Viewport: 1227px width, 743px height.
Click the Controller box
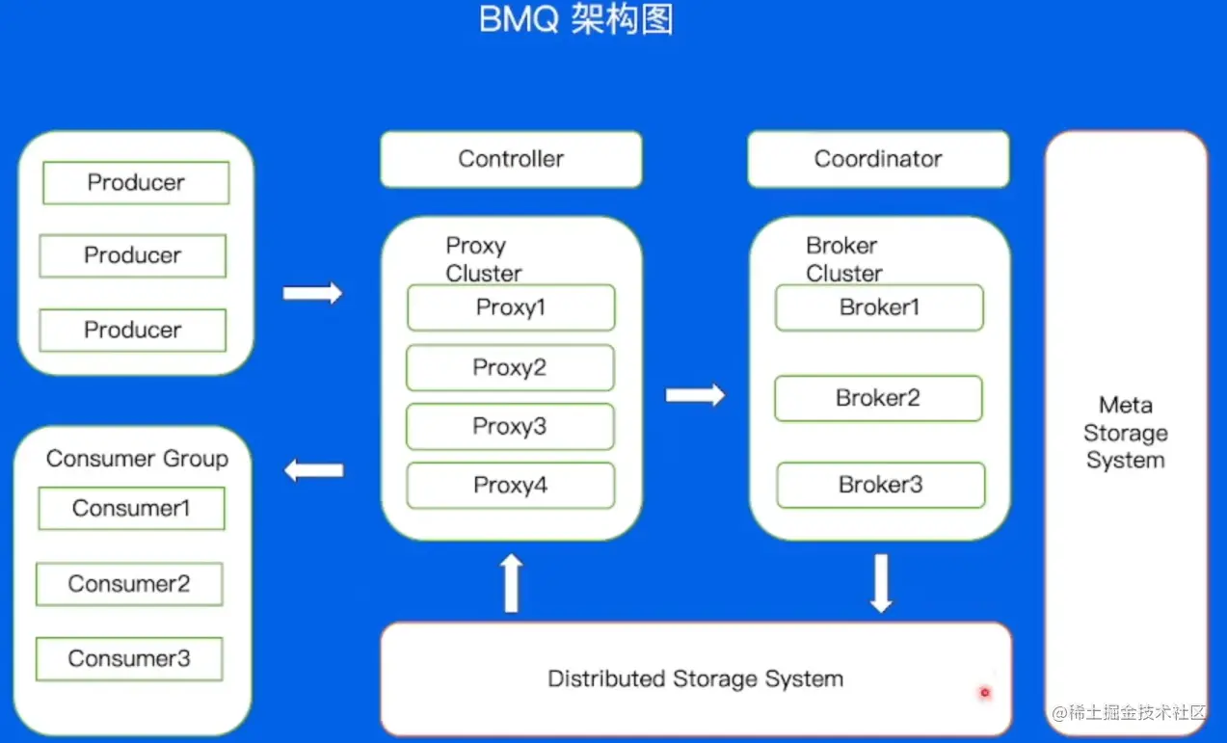(x=511, y=159)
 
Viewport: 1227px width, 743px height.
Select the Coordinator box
(x=878, y=159)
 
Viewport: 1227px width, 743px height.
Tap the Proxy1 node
(x=511, y=307)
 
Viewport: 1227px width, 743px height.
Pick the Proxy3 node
(x=510, y=427)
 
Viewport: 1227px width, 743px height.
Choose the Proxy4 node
(x=510, y=486)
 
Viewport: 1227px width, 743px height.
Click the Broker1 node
(x=879, y=307)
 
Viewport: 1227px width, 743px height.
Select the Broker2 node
(x=878, y=398)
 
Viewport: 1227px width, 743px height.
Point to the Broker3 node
(x=881, y=486)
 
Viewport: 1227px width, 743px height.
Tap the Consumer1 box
(x=131, y=509)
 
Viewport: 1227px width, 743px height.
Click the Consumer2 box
(x=129, y=584)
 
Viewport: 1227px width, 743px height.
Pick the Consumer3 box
(x=129, y=659)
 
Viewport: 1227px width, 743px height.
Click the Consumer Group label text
(x=137, y=459)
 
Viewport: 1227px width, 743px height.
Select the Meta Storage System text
(x=1125, y=433)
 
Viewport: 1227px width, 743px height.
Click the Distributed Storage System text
(x=695, y=678)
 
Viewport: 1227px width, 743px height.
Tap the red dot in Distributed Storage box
(x=984, y=692)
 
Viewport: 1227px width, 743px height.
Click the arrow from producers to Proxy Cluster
(x=312, y=293)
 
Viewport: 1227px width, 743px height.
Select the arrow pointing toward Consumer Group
(x=314, y=470)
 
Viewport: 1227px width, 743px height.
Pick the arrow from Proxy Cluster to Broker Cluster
(x=695, y=394)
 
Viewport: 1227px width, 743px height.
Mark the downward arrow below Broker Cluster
(x=881, y=582)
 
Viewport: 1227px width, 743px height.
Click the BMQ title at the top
(x=575, y=19)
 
